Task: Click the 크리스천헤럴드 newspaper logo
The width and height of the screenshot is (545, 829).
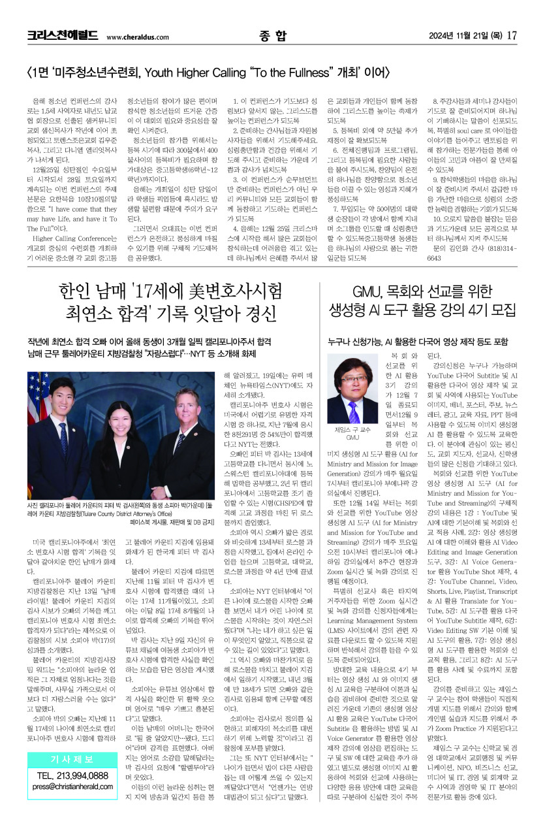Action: pyautogui.click(x=63, y=36)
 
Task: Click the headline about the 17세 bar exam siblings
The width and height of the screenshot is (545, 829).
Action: pyautogui.click(x=171, y=301)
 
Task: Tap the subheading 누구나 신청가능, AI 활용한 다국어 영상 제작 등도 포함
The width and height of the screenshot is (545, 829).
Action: pyautogui.click(x=418, y=340)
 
